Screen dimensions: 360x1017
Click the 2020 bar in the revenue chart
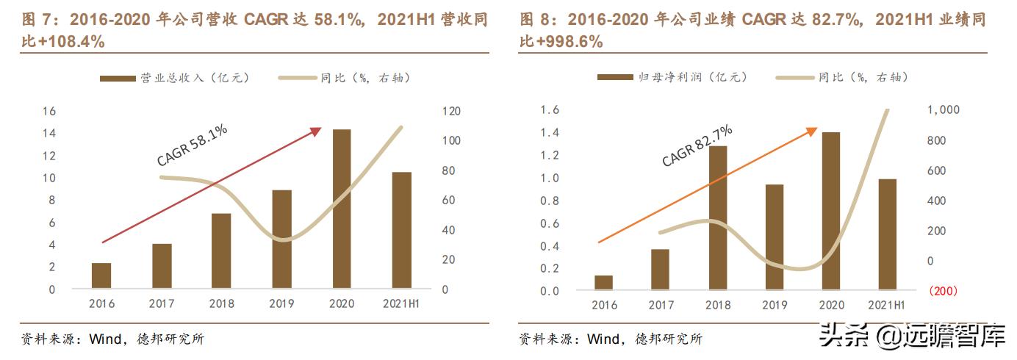click(x=342, y=209)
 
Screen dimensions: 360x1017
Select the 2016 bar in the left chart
click(x=101, y=276)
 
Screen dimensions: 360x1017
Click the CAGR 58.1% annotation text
click(x=193, y=145)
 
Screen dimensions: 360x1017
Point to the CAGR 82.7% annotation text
click(x=697, y=145)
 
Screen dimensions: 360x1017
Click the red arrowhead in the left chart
click(x=317, y=130)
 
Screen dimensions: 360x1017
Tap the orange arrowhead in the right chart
click(x=812, y=130)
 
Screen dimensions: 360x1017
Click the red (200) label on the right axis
click(x=943, y=292)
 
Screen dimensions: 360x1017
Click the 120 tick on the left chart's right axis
click(x=450, y=111)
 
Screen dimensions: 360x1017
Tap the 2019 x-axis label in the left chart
click(x=282, y=304)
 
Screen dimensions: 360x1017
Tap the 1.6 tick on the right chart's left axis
click(x=550, y=109)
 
